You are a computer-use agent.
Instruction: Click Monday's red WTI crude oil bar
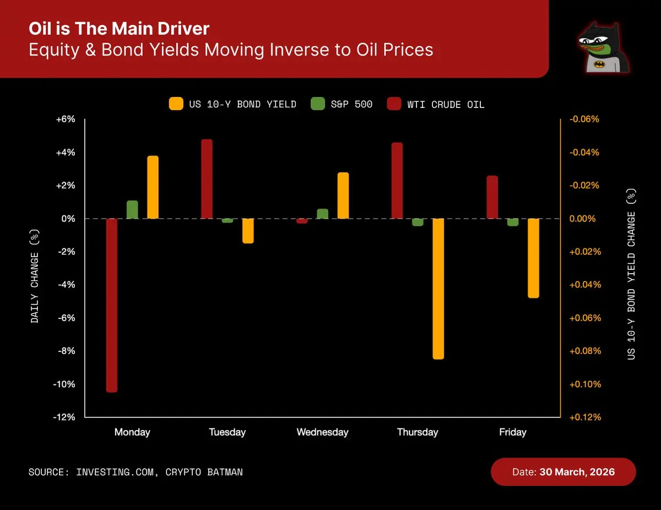112,305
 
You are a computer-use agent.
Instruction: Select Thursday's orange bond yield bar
438,289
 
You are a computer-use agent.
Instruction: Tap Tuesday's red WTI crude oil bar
207,179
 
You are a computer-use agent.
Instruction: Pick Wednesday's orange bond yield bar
343,196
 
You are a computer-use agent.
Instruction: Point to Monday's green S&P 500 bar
132,210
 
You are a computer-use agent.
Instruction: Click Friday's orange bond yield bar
533,258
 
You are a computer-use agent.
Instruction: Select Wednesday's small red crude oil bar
302,221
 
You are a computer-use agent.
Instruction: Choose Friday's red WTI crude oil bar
492,197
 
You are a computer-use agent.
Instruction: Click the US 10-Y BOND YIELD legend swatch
176,104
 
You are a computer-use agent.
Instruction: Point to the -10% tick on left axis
64,384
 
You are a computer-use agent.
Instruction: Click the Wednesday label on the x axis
322,432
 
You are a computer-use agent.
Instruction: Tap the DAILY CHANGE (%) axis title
35,276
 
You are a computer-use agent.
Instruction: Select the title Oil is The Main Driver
119,29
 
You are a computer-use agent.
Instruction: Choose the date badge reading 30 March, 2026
563,472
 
